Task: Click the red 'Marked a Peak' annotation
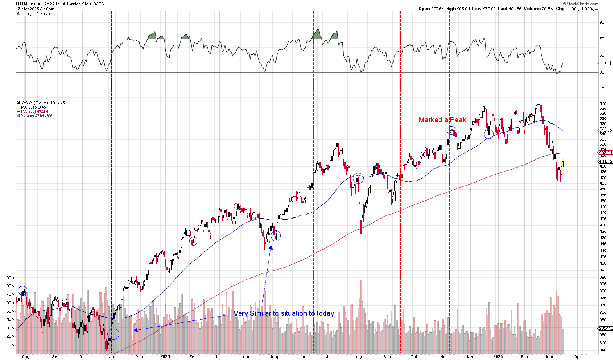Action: [x=442, y=120]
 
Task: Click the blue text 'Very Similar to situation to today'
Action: [x=284, y=313]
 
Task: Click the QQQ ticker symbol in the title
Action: [x=22, y=4]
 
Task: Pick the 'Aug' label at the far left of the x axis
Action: [x=25, y=357]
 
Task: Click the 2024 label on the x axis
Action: [x=165, y=357]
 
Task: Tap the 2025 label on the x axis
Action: [x=498, y=357]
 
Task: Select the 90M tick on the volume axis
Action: [x=11, y=278]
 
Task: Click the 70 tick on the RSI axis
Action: [x=602, y=39]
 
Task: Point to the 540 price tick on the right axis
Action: [x=603, y=104]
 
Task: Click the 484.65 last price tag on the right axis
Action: [x=605, y=161]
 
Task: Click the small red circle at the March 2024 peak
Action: [x=237, y=206]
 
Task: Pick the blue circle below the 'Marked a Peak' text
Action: [x=452, y=130]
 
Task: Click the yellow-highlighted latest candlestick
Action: [x=563, y=164]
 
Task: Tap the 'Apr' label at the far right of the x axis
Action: [x=577, y=357]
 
